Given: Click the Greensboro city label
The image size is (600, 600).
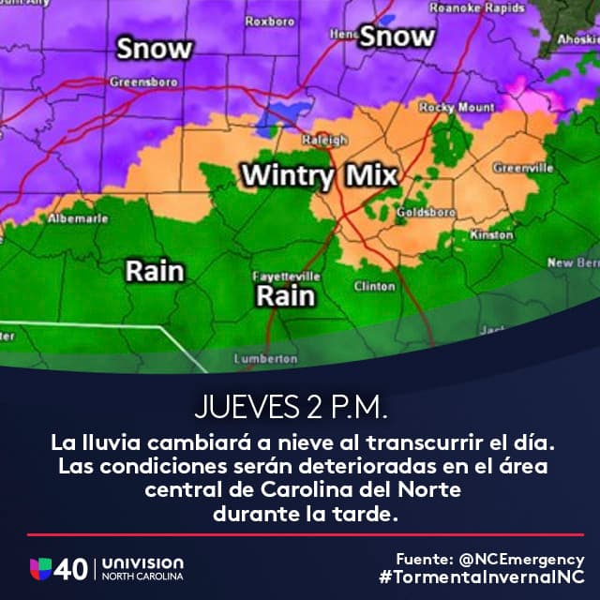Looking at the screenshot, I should coord(143,82).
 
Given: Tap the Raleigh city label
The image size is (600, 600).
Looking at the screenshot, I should coord(324,140).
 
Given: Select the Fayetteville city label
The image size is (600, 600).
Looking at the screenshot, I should coord(287,277).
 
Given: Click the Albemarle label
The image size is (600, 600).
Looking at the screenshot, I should coord(78,218).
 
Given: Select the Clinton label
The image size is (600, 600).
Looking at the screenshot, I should coord(374,286).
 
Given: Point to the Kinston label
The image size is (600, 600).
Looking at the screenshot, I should coord(491,234).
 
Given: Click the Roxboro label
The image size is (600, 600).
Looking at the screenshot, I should coord(270,21).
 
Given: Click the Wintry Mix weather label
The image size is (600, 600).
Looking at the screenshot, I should coord(318,175).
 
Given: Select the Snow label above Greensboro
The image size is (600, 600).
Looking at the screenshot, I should coord(155,49).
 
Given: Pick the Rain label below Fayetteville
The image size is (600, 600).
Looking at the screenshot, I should coord(285,297).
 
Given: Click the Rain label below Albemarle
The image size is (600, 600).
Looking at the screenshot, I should coord(155,272).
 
